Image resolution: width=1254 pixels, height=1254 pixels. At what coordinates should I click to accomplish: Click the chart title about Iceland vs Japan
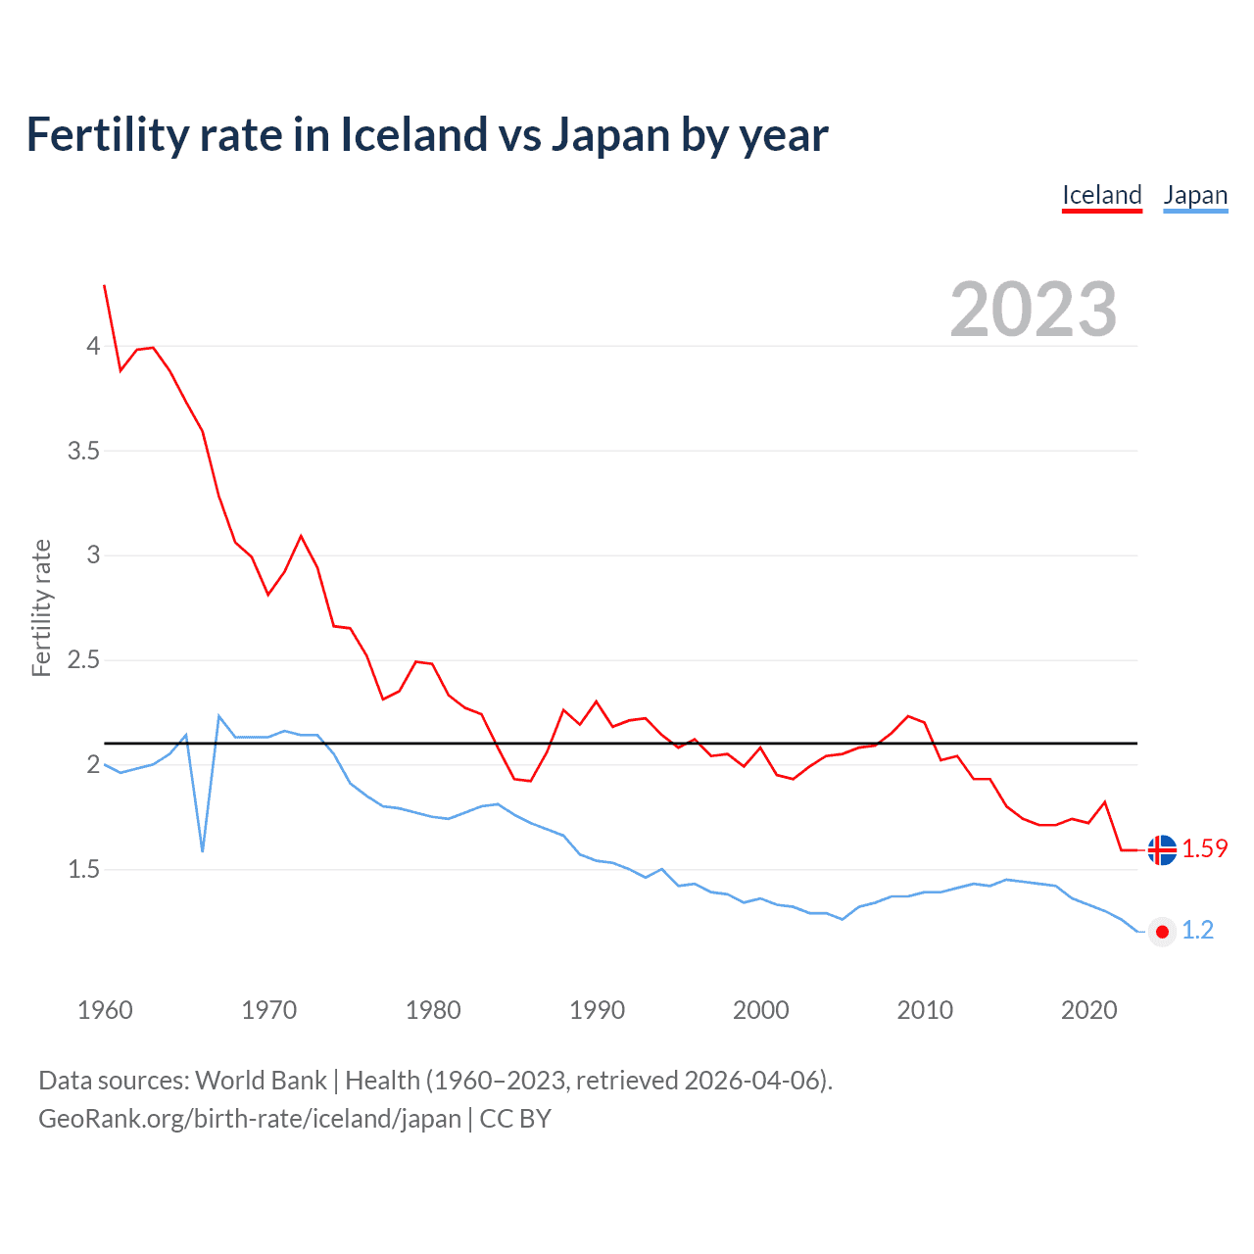click(x=427, y=135)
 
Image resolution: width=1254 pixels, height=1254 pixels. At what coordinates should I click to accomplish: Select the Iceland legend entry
click(x=1102, y=195)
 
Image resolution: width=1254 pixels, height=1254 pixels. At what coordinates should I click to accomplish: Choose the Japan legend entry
click(x=1195, y=195)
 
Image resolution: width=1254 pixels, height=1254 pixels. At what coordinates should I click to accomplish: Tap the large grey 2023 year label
click(x=1033, y=310)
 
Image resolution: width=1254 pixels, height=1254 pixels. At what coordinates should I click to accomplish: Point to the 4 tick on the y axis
click(x=93, y=346)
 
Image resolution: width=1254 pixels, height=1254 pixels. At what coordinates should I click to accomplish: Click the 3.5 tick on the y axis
click(x=83, y=451)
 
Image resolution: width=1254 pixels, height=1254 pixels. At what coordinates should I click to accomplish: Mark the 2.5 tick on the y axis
click(x=83, y=659)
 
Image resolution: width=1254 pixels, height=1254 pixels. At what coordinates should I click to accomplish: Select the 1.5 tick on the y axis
click(x=83, y=869)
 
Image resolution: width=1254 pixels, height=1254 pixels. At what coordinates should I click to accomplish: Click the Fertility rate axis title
click(x=41, y=607)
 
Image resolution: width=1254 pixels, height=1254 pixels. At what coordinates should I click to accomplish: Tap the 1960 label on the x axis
click(x=105, y=1010)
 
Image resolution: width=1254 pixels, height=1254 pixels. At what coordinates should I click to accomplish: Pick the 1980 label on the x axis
click(x=433, y=1010)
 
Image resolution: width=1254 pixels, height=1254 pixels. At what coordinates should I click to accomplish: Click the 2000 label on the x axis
click(x=760, y=1010)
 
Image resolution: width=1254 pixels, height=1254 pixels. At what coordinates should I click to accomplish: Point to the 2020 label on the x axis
click(x=1088, y=1010)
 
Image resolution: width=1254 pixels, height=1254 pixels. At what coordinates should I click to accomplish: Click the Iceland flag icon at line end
click(x=1162, y=849)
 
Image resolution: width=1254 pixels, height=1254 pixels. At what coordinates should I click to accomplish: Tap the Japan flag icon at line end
click(x=1162, y=932)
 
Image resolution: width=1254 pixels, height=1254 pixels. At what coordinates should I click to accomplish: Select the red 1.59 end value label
click(x=1204, y=849)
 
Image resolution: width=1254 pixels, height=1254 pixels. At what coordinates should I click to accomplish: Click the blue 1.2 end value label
click(x=1197, y=931)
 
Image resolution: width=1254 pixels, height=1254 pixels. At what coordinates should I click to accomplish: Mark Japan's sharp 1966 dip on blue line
click(x=203, y=849)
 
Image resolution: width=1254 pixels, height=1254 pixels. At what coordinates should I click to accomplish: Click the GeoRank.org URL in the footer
click(x=249, y=1119)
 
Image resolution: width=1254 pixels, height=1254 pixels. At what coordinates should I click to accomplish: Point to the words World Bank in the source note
click(x=261, y=1081)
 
